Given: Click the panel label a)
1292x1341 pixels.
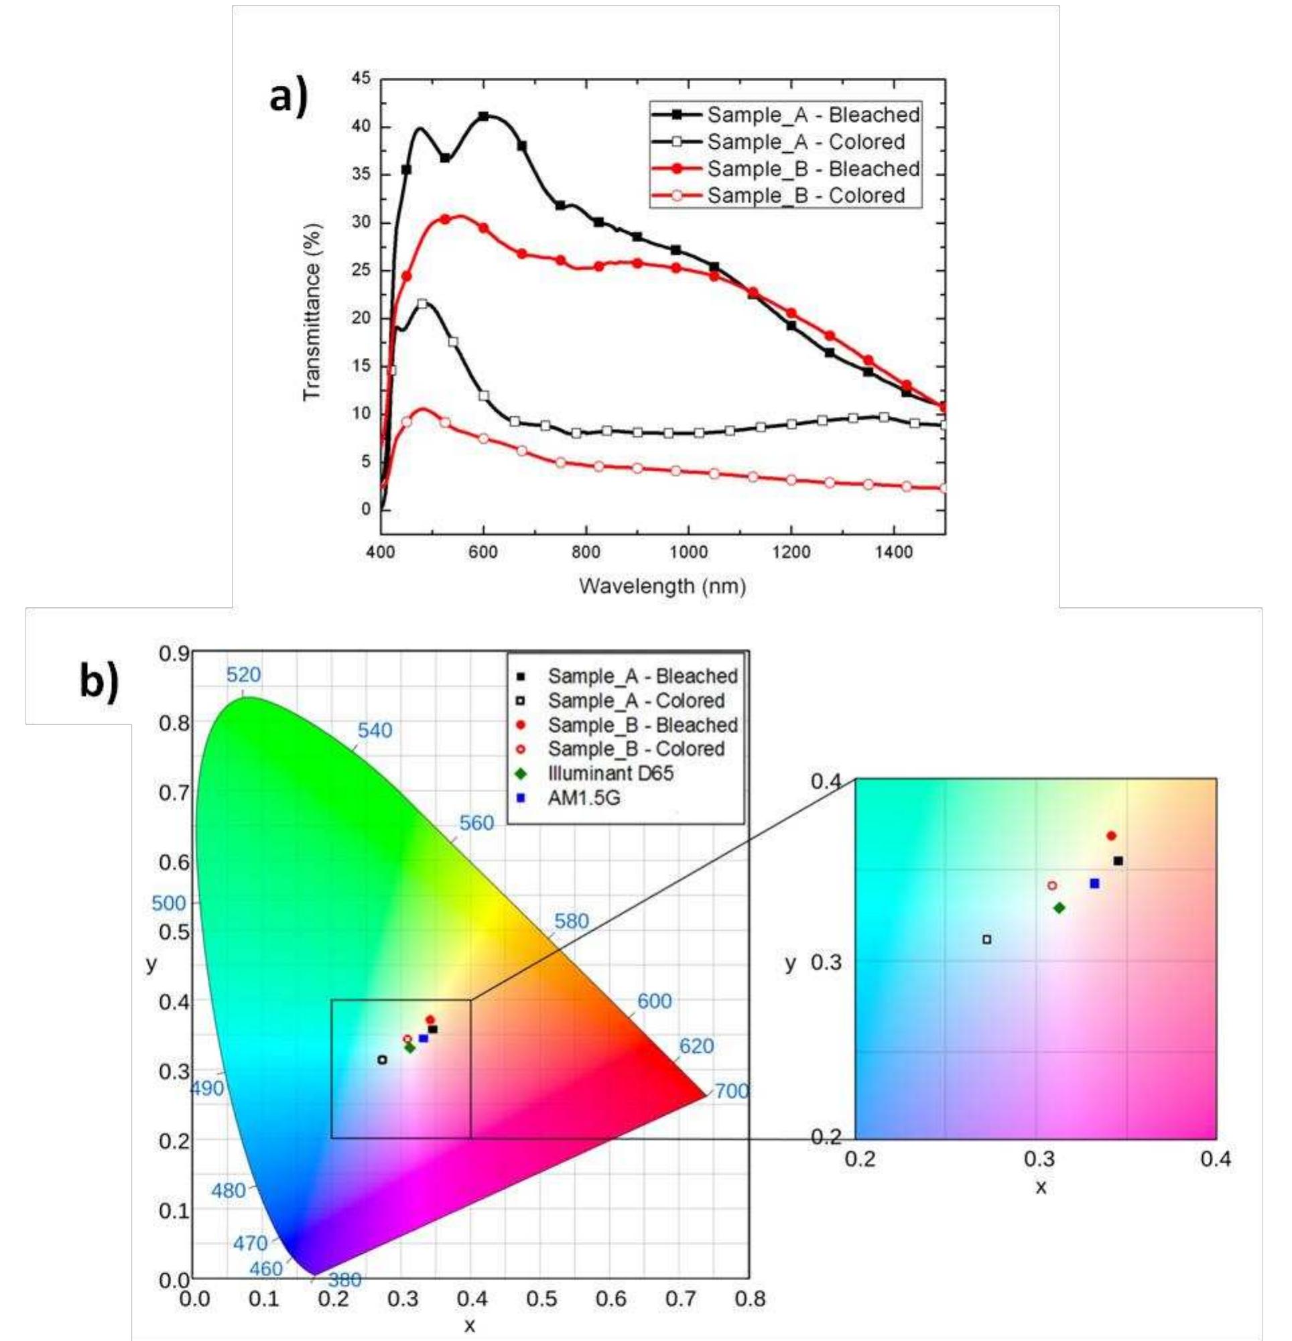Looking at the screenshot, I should pos(289,96).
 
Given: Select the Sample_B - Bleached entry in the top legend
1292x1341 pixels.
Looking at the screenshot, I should pos(812,169).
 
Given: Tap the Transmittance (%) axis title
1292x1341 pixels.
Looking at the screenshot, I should pos(312,312).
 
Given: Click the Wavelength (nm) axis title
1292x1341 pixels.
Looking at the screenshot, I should pos(661,586).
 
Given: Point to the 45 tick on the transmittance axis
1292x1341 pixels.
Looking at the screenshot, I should pos(361,79).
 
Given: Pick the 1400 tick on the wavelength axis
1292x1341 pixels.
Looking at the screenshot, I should pos(894,553).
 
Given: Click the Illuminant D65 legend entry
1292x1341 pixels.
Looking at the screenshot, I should pos(610,774).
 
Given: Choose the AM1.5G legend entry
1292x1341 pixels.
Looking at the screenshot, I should pos(584,797).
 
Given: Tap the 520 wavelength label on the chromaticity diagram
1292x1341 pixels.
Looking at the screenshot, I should pos(244,676).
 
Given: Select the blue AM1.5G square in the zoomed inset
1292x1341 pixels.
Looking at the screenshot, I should pos(1094,883).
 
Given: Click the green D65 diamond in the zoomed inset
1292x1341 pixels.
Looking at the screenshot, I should pos(1059,908).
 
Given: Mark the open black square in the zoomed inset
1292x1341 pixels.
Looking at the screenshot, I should pos(987,940).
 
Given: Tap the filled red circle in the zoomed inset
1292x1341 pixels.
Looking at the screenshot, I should pos(1111,836).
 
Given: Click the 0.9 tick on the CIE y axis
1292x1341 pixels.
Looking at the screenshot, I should pos(174,654).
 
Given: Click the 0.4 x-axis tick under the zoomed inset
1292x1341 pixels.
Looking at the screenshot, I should pos(1216,1159).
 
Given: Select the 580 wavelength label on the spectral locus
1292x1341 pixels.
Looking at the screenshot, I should pos(571,921).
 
